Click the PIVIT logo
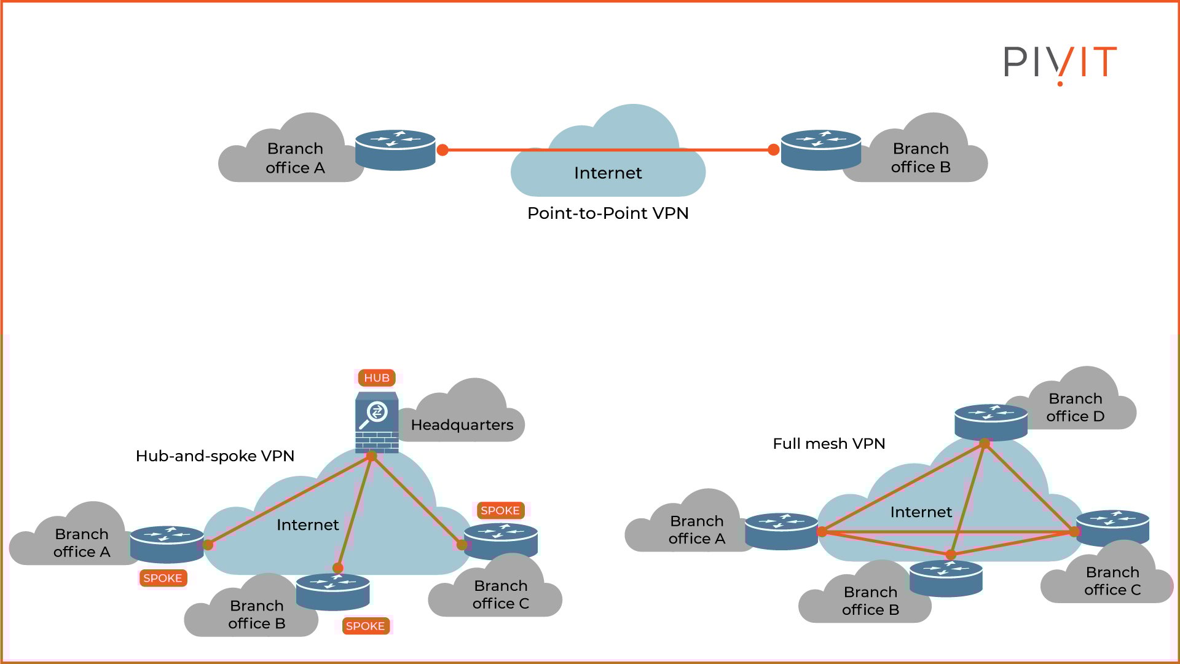[1060, 63]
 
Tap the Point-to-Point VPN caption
[608, 213]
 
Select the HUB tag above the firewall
[376, 377]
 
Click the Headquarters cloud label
[462, 425]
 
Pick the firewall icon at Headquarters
[377, 422]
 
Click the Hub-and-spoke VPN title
[214, 456]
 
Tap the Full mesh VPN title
[828, 444]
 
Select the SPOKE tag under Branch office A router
[162, 578]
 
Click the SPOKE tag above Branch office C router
[500, 510]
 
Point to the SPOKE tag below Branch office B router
[365, 626]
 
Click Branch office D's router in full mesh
[990, 422]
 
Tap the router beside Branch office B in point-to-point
[820, 149]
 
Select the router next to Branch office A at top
[395, 149]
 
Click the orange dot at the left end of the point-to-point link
[442, 149]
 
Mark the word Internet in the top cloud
[608, 173]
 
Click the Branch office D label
[1075, 407]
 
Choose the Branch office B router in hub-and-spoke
[332, 591]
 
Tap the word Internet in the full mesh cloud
[921, 512]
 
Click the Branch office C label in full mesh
[1112, 581]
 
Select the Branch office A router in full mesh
[781, 531]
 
